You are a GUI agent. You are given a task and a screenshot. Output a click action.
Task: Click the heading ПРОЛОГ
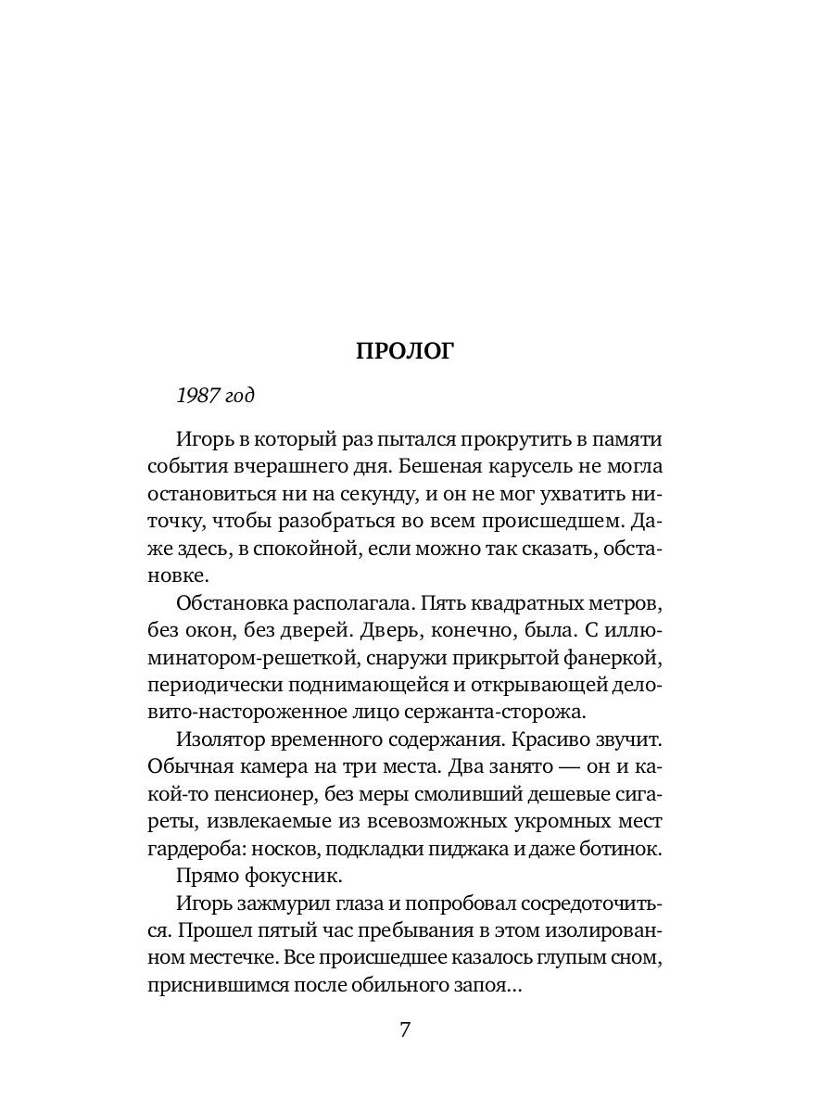tap(405, 351)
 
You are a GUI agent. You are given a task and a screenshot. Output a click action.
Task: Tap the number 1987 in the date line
tap(196, 396)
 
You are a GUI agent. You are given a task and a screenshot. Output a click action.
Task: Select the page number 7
tap(404, 1030)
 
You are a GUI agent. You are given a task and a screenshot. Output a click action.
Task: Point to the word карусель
tap(539, 467)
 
